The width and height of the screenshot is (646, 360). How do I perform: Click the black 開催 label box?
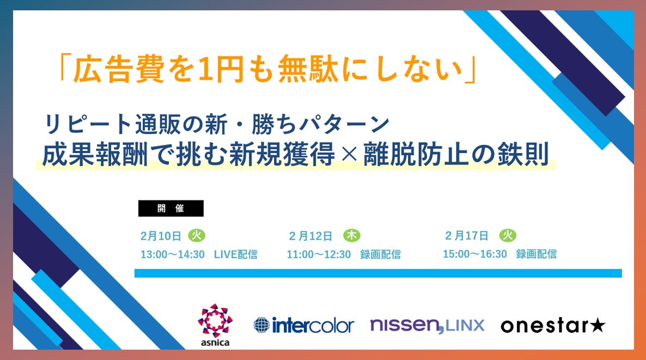(x=170, y=209)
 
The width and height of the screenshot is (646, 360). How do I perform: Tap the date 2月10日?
(x=161, y=236)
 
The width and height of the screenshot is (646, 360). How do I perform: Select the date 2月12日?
(x=310, y=236)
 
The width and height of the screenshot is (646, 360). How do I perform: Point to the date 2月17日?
(x=466, y=236)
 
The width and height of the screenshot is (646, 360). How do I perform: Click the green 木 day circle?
(x=352, y=235)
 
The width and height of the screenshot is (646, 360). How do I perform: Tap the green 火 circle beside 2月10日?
(x=197, y=235)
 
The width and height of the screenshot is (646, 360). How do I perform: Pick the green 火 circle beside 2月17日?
(x=508, y=235)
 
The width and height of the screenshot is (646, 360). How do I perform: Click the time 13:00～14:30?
(x=173, y=254)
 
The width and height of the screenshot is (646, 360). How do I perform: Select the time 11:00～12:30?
(x=319, y=254)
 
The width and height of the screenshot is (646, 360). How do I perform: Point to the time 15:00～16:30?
(x=474, y=254)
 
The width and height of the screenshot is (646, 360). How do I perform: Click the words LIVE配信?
(x=236, y=254)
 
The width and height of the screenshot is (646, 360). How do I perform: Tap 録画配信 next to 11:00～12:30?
(x=381, y=254)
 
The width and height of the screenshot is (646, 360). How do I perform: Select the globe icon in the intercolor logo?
(x=261, y=325)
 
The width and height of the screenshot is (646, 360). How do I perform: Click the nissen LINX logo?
(x=427, y=326)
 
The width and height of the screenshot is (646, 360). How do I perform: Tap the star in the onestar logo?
(x=598, y=326)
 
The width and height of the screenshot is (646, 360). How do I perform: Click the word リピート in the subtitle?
(x=88, y=124)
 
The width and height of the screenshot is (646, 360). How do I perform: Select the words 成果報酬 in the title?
(x=95, y=155)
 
